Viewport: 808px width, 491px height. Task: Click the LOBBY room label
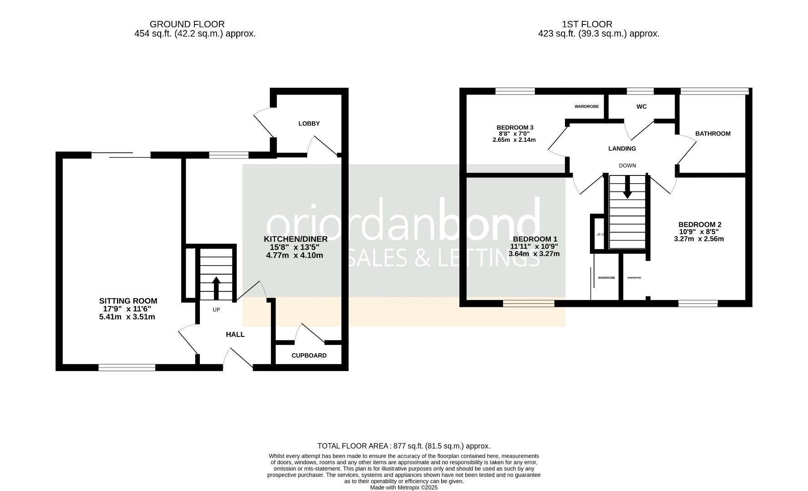coord(309,124)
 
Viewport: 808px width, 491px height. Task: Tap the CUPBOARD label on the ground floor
coord(309,356)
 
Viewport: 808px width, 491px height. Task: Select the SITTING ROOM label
coord(128,301)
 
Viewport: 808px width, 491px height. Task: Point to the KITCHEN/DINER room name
coord(295,239)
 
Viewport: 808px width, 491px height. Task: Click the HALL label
coord(235,335)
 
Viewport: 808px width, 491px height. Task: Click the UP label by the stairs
coord(216,310)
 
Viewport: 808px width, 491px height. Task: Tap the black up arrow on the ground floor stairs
coord(216,287)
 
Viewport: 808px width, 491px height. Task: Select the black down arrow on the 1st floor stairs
coord(627,187)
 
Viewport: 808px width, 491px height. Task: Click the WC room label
coord(641,107)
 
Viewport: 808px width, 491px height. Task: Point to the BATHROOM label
coord(713,134)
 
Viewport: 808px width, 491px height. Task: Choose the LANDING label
coord(622,149)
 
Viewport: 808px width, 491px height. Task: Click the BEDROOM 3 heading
coord(515,127)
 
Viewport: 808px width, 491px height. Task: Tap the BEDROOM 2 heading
coord(700,225)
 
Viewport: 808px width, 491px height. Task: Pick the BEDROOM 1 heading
coord(535,239)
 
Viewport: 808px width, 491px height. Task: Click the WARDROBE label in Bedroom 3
coord(586,107)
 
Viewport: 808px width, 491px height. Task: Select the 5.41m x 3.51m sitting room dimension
coord(127,317)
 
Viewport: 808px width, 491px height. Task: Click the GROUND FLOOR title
coord(187,24)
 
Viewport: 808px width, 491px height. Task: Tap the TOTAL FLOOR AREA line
coord(404,446)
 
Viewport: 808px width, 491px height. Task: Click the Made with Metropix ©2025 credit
coord(404,487)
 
